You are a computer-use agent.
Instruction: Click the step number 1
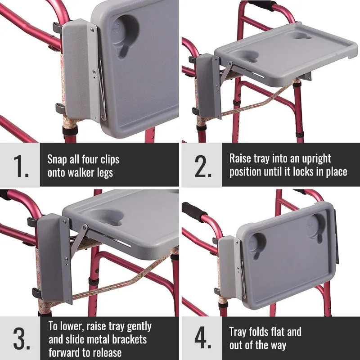coord(20,166)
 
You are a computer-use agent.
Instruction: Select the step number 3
coord(20,338)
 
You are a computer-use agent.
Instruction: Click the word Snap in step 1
coord(58,159)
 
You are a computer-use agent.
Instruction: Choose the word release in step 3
coord(108,351)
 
